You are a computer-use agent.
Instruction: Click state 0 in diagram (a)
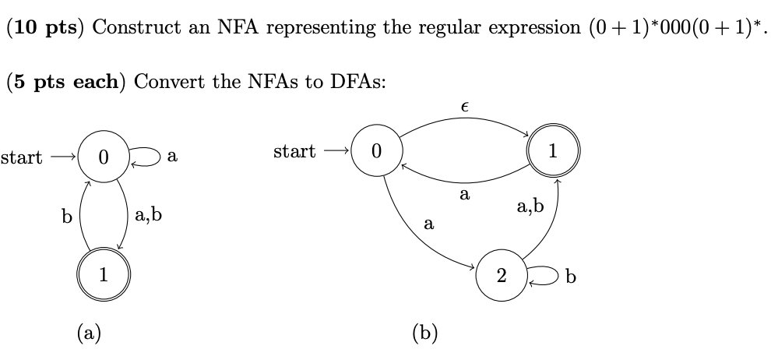103,157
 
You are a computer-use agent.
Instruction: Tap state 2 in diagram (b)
501,275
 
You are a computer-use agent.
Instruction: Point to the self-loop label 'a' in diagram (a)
172,157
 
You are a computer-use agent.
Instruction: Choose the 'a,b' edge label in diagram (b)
530,206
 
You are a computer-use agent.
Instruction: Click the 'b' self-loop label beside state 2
571,277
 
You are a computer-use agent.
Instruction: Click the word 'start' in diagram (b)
294,151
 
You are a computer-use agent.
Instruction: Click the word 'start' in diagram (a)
21,157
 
